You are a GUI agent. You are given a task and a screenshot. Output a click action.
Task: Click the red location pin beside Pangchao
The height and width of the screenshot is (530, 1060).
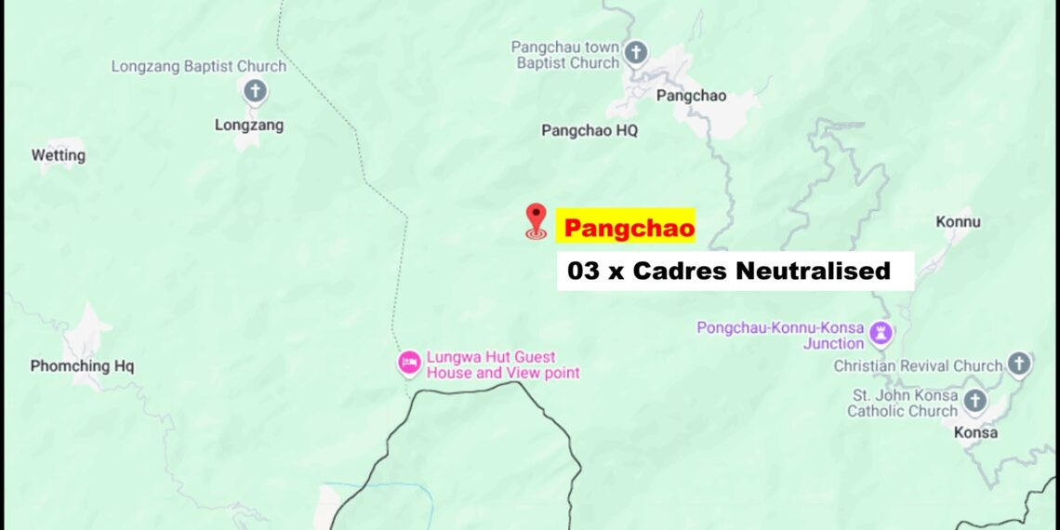(536, 219)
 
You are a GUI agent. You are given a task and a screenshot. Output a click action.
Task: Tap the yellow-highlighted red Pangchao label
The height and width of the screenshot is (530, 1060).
(629, 228)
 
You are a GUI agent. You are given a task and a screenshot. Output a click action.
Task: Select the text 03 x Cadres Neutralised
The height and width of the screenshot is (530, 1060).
(729, 272)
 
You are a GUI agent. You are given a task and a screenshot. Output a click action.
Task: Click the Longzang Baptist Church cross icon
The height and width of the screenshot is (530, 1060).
(255, 91)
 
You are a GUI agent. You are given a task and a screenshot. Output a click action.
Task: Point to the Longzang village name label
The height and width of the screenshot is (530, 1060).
(249, 125)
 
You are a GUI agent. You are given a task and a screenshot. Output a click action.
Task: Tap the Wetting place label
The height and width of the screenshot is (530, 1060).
(59, 155)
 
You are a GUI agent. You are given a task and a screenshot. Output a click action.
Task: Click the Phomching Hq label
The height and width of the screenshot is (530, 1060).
(82, 366)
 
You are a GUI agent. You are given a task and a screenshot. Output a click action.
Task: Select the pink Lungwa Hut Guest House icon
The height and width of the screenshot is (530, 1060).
(409, 363)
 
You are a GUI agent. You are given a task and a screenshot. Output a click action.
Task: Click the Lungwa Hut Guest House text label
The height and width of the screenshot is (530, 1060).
(503, 364)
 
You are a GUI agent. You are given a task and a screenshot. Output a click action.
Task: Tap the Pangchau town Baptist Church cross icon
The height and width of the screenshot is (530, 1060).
(636, 52)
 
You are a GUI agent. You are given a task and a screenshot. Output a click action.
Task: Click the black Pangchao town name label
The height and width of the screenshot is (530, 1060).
(691, 96)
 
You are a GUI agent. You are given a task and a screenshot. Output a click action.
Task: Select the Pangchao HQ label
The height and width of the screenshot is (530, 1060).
(590, 131)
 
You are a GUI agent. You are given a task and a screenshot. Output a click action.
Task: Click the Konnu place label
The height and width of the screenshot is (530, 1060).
(958, 222)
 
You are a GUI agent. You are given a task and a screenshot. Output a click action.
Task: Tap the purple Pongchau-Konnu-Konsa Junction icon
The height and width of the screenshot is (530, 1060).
(881, 332)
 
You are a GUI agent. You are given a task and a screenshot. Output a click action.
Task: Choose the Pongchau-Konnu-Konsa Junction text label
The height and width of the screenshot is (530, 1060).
(781, 336)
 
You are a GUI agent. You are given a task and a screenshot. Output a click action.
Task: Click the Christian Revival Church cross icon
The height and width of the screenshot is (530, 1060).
(1019, 364)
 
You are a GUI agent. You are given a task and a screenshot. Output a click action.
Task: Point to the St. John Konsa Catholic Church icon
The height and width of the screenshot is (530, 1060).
(974, 401)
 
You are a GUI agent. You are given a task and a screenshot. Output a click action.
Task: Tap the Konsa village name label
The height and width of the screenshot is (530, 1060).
(976, 432)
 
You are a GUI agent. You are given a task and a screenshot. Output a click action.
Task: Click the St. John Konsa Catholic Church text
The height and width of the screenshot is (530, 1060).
(902, 403)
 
